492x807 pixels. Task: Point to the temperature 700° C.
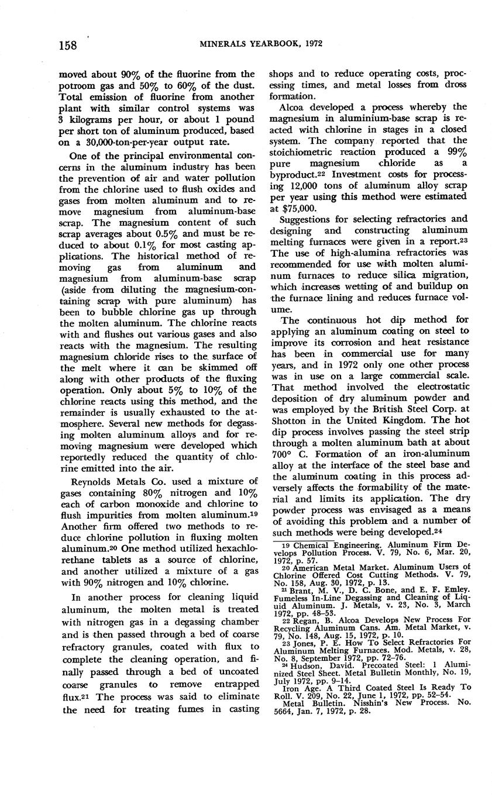(x=287, y=453)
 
